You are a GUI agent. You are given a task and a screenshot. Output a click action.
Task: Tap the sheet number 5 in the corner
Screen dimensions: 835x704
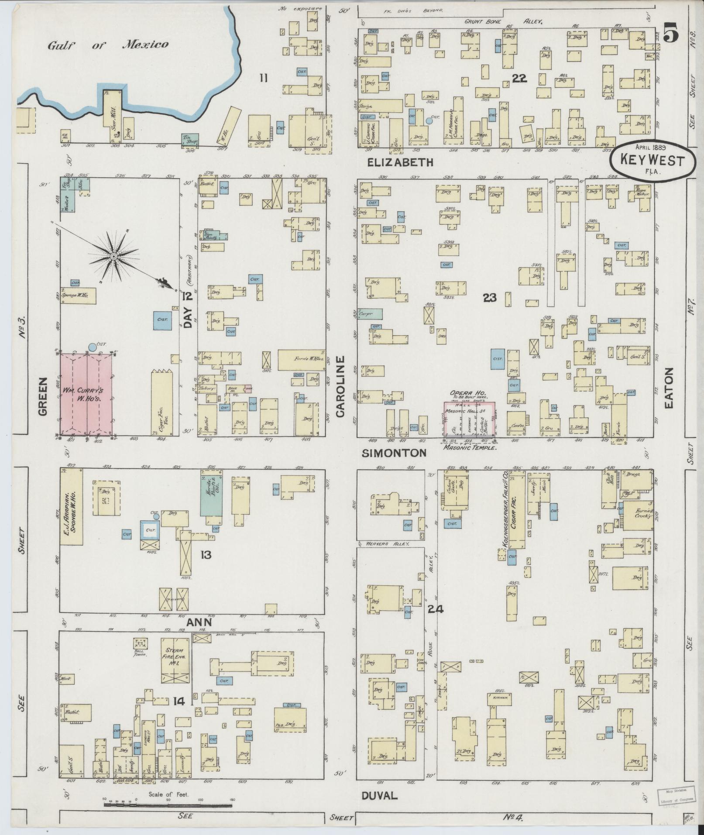tap(671, 34)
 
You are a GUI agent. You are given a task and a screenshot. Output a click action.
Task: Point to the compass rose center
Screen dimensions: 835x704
tap(113, 256)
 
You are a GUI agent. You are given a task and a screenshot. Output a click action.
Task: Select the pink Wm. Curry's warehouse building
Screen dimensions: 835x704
tap(86, 394)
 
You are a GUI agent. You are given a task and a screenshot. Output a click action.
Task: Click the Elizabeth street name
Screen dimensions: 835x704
tap(400, 162)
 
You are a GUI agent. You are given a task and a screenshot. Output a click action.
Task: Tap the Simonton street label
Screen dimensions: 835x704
tap(394, 453)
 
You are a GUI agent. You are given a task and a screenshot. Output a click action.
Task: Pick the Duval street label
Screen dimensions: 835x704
tap(379, 795)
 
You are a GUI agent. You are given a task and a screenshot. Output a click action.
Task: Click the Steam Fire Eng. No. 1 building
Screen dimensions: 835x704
tap(175, 667)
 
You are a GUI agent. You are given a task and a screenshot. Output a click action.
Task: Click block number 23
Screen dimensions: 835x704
tap(490, 298)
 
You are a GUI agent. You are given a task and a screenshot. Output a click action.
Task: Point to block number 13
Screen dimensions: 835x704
tap(206, 555)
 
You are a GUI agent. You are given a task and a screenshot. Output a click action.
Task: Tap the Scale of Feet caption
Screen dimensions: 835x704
tap(168, 794)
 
